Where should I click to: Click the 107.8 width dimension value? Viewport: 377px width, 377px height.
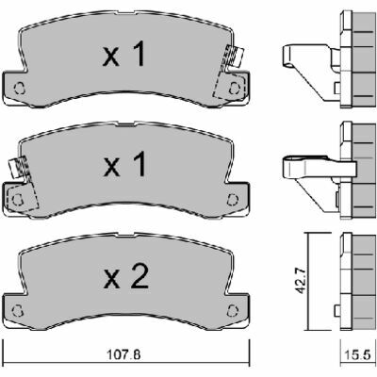click(x=123, y=355)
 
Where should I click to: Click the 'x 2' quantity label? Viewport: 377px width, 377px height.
click(x=126, y=276)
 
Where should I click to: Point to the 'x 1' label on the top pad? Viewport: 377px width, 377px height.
click(x=124, y=54)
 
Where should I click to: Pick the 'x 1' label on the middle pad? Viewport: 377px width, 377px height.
click(x=124, y=164)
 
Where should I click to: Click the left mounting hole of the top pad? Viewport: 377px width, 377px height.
click(x=20, y=88)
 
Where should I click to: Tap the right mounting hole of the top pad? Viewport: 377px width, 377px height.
click(x=234, y=88)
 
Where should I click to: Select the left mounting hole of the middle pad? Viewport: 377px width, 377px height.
click(x=18, y=199)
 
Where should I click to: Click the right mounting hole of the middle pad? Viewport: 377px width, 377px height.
click(x=232, y=199)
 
